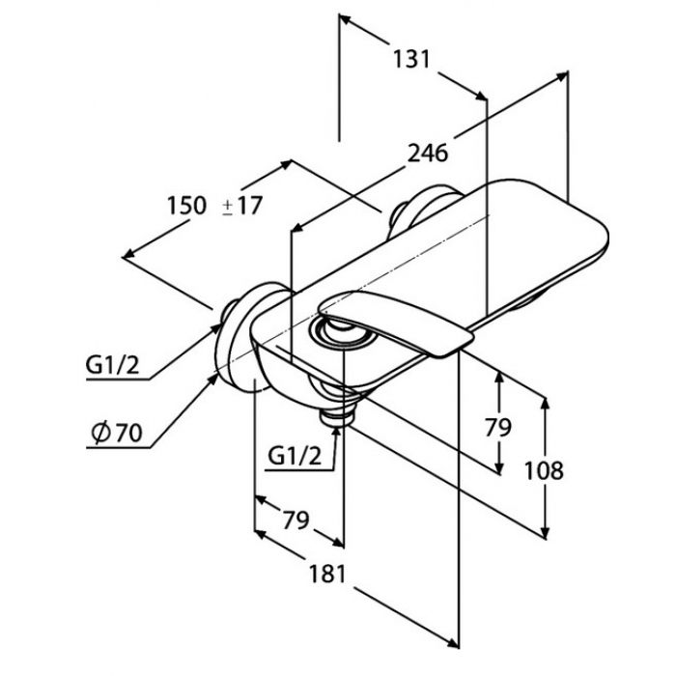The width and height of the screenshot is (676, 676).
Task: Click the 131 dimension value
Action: (411, 59)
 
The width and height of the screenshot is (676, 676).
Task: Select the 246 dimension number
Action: (428, 153)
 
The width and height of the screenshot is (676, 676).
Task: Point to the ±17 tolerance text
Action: (241, 206)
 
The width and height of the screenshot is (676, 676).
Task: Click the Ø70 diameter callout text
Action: (117, 433)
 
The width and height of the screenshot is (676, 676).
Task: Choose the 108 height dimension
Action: (544, 470)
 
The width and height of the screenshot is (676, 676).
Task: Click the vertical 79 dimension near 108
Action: (498, 427)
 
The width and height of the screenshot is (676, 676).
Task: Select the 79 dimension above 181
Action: (296, 520)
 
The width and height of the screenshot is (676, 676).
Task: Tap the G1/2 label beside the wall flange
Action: (113, 366)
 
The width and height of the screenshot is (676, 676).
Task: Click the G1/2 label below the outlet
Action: (295, 456)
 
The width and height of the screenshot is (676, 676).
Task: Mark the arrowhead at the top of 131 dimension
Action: (345, 19)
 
